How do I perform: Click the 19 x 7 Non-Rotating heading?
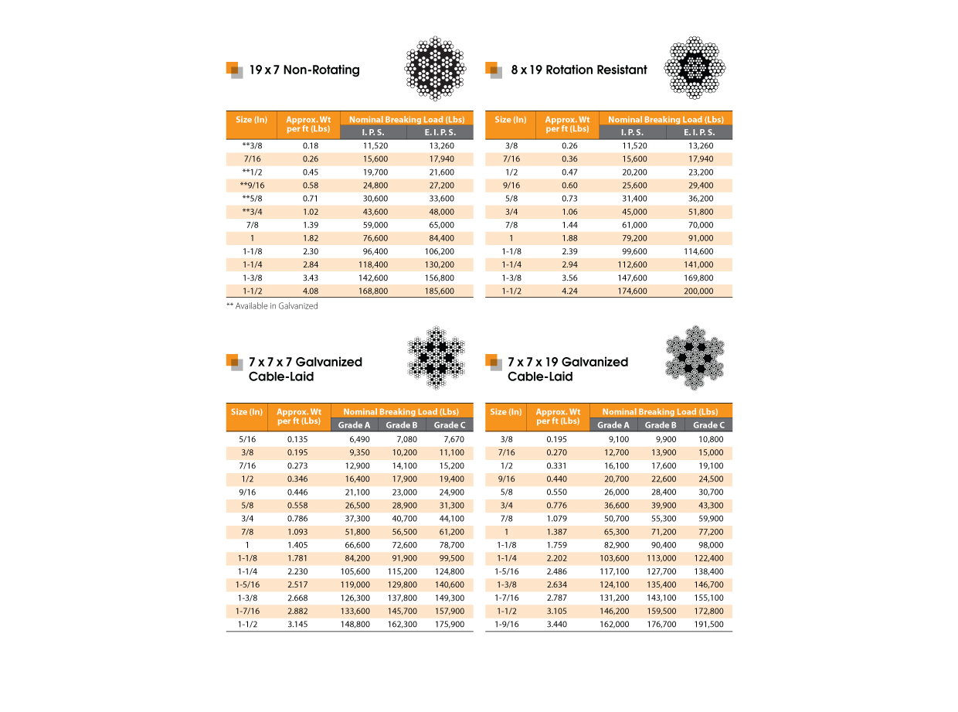[304, 70]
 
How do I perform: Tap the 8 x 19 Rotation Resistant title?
[579, 70]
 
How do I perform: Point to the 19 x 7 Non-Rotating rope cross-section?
[436, 67]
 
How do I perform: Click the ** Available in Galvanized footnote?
[272, 306]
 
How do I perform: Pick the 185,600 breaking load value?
[439, 291]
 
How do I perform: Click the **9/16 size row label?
[250, 186]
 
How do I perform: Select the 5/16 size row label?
[247, 439]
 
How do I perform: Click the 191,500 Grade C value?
[708, 624]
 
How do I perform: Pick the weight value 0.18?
[311, 146]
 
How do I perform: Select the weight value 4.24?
[569, 291]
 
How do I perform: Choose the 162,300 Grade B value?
[401, 624]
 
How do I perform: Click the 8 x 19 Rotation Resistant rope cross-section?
[695, 67]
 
